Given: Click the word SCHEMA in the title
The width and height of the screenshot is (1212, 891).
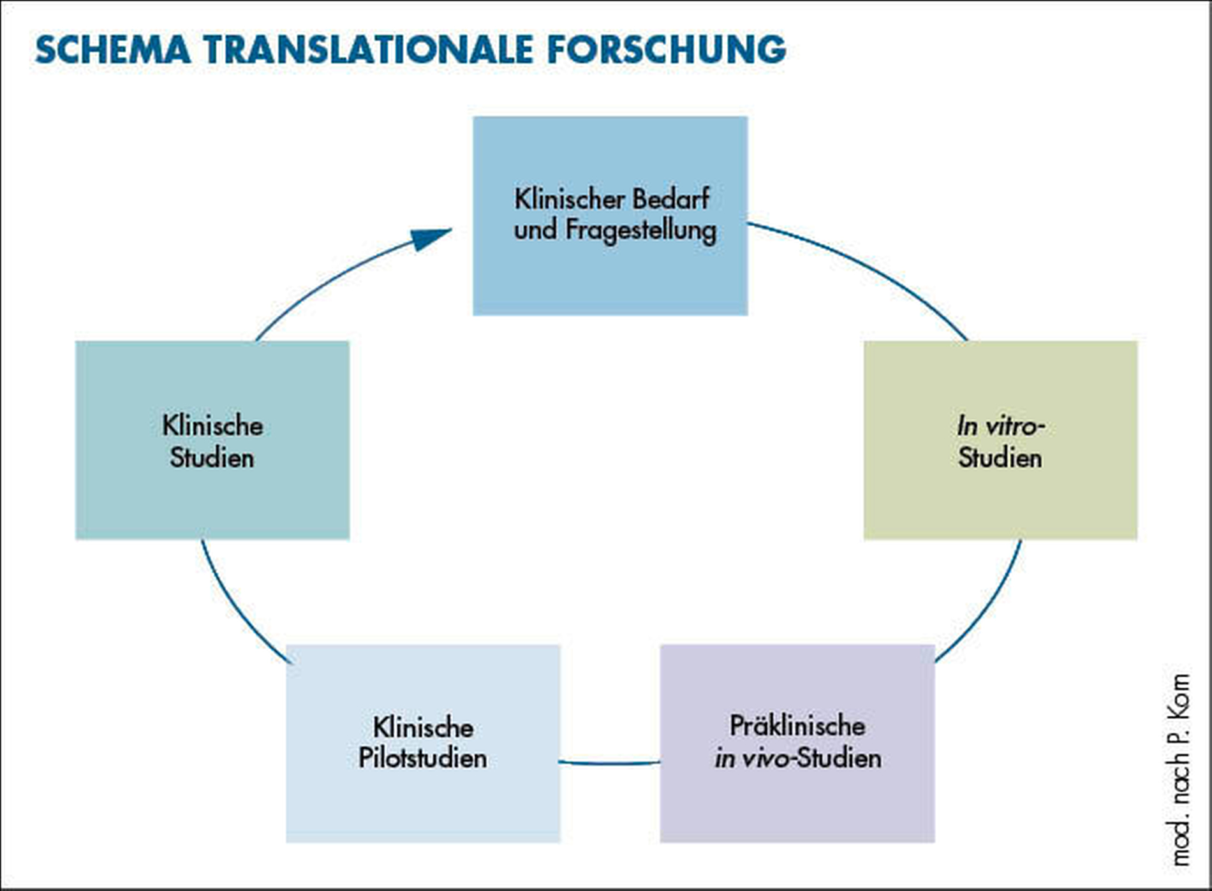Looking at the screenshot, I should (x=113, y=50).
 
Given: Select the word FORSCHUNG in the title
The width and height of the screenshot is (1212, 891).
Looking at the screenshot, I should (x=667, y=50).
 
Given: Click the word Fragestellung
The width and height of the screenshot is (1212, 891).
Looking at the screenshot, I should (x=640, y=230).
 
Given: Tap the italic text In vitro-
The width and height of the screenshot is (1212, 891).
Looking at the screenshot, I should (x=1000, y=426).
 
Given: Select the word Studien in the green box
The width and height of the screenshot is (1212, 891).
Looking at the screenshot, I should (x=1000, y=458).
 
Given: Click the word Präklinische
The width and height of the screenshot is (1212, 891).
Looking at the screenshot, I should (x=797, y=726).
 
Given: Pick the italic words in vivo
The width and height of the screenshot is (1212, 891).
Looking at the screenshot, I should (x=751, y=758).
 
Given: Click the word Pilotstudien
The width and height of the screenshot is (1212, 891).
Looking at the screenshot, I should (x=422, y=758).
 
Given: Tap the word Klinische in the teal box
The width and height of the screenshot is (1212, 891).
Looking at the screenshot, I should (x=212, y=426).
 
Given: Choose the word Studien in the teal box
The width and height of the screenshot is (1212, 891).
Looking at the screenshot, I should (x=212, y=458).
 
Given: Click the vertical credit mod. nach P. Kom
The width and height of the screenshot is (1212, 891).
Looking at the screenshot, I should (x=1181, y=769).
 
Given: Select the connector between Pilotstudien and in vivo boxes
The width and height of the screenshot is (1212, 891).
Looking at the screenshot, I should (x=610, y=763).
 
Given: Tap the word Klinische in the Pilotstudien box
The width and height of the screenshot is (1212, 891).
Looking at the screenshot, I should (x=423, y=727).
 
